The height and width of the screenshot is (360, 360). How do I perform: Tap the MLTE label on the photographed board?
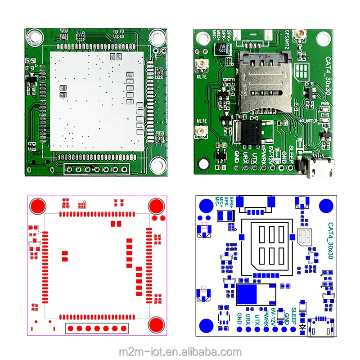201,121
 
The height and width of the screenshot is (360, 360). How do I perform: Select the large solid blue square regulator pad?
251,295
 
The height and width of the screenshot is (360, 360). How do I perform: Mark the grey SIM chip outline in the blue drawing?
305,236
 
